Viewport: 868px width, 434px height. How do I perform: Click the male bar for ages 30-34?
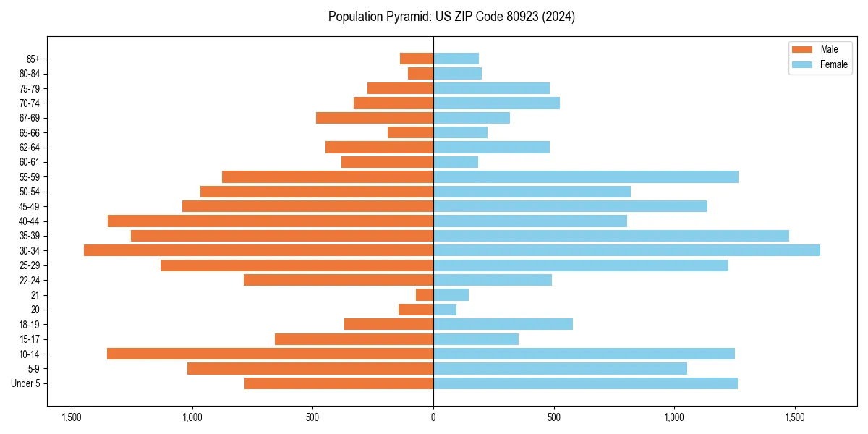click(258, 250)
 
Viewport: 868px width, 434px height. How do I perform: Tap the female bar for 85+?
click(456, 59)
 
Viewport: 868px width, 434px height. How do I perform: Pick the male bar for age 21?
click(425, 294)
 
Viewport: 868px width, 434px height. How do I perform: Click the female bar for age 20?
click(445, 310)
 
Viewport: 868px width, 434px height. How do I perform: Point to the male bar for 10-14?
click(270, 354)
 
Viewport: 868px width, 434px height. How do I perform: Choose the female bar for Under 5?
click(585, 383)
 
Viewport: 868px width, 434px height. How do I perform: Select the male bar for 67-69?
click(375, 118)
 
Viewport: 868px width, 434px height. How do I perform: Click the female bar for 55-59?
click(586, 176)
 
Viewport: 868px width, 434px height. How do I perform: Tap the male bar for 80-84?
click(421, 73)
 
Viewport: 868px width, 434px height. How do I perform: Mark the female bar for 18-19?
click(503, 324)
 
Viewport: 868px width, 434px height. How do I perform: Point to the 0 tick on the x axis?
click(433, 417)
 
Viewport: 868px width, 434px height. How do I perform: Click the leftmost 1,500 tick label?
click(72, 417)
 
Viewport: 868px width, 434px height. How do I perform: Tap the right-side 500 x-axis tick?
click(553, 417)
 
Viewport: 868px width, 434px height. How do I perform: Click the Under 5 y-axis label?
click(26, 383)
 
